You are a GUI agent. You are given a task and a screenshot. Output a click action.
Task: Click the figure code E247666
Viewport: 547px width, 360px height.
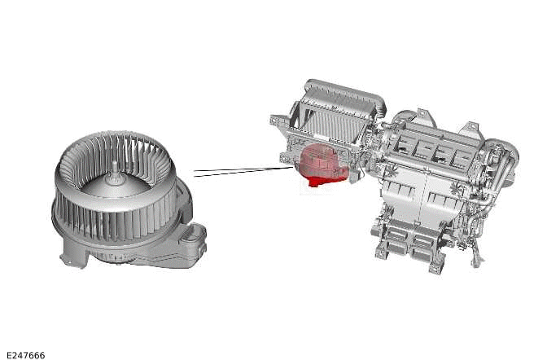point(26,355)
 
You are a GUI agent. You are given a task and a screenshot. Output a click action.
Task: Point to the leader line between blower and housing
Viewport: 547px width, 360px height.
point(243,171)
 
